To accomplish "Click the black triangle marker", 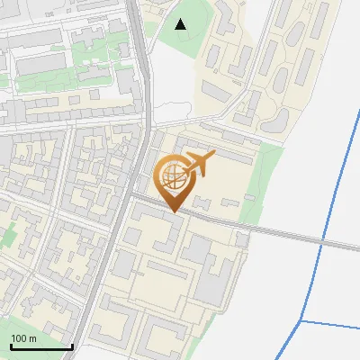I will pyautogui.click(x=181, y=24).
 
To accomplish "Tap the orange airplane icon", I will pyautogui.click(x=200, y=164).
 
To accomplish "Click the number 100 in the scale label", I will pyautogui.click(x=20, y=338).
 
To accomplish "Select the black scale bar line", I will pyautogui.click(x=40, y=347).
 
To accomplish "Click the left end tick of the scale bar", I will pyautogui.click(x=10, y=345).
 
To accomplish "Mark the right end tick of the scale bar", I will pyautogui.click(x=72, y=345).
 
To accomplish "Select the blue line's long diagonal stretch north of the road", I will pyautogui.click(x=341, y=162).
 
